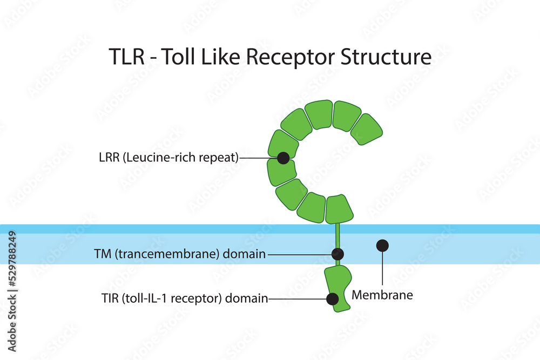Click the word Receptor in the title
click(289, 57)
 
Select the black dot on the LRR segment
click(282, 158)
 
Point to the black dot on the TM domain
click(337, 254)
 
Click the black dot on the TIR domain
click(333, 298)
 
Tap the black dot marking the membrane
click(382, 246)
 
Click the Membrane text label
click(382, 295)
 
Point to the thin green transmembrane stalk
click(337, 237)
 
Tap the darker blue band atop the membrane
click(162, 229)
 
